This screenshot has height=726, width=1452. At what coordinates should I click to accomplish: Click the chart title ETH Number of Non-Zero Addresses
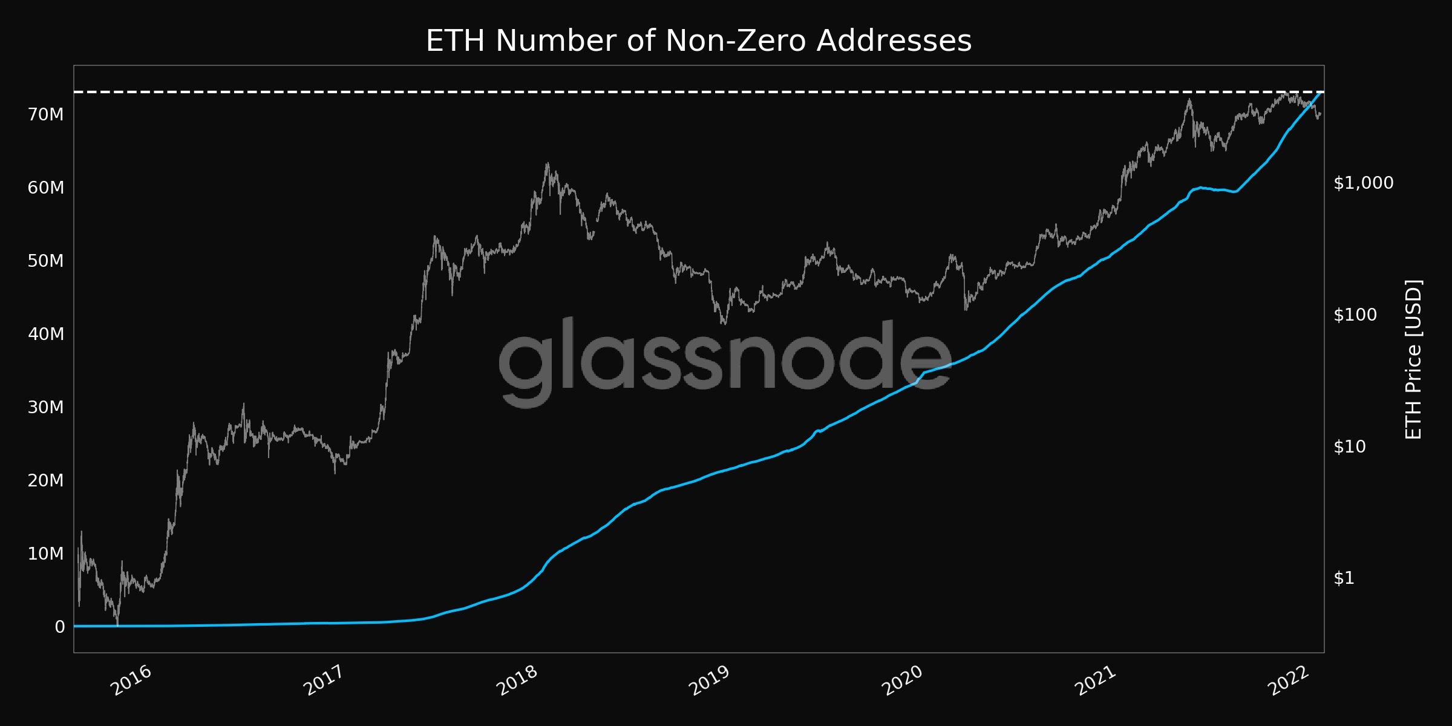pos(698,41)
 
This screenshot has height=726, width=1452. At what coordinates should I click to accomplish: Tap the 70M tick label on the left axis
pos(46,114)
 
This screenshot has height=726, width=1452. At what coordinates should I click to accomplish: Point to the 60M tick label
pos(46,188)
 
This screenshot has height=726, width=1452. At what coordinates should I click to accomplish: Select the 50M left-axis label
pos(46,261)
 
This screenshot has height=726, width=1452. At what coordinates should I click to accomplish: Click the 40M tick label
pos(46,334)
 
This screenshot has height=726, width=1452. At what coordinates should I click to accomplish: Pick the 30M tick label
pos(46,407)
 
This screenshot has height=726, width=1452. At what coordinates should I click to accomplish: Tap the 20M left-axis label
pos(46,480)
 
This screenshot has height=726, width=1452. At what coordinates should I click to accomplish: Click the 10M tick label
pos(46,554)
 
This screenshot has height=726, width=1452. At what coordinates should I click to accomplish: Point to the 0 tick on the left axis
pos(59,627)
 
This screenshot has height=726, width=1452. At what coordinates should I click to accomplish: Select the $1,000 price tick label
pos(1363,183)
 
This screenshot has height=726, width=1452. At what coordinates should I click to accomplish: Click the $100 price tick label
pos(1355,315)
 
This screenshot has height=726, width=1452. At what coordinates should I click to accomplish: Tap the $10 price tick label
pos(1349,446)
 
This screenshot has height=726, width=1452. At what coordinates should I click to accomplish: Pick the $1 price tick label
pos(1344,578)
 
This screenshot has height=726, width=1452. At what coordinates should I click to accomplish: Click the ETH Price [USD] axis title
pos(1413,359)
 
